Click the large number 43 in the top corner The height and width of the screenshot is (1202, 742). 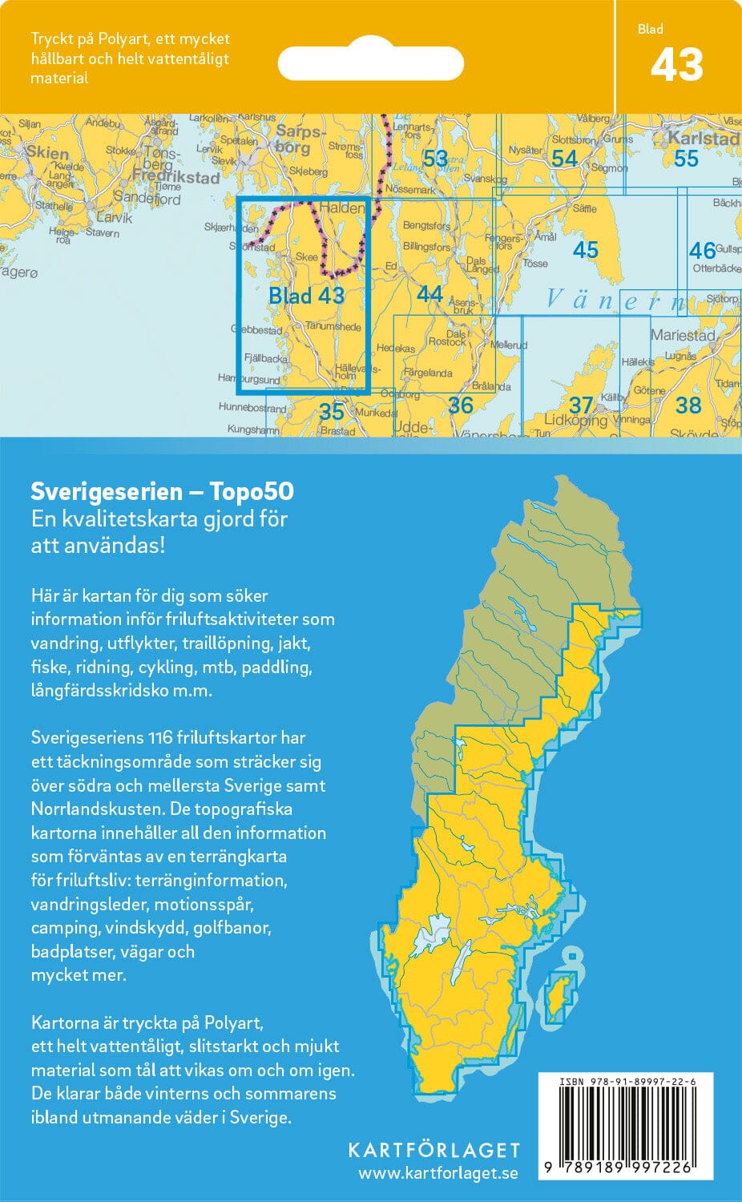[677, 65]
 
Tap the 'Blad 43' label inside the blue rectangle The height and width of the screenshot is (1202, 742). [306, 296]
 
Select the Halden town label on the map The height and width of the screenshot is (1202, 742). [341, 208]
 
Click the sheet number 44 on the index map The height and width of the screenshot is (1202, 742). [429, 294]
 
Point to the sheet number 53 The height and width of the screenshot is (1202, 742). [435, 159]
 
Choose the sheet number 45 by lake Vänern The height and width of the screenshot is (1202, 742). [585, 250]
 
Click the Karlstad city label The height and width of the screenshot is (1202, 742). [704, 139]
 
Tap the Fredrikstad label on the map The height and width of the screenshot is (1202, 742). [175, 177]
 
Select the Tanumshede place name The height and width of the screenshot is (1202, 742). [333, 326]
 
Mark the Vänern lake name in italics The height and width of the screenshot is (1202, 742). [615, 300]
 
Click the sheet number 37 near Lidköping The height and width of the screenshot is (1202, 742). [581, 405]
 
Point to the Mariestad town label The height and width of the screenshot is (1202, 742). [683, 335]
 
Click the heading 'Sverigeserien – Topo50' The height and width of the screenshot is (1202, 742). [162, 490]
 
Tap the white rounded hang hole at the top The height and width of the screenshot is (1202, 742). [370, 63]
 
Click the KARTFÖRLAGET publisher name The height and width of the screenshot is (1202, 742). [434, 1150]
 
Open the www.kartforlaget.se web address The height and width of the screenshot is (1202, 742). [438, 1173]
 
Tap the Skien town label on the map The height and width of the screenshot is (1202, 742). [47, 151]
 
